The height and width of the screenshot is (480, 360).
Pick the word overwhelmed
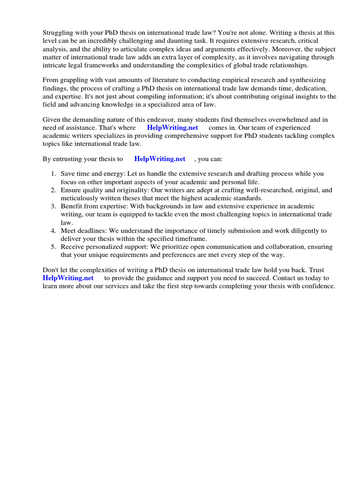[286, 120]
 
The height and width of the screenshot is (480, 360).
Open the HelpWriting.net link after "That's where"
[172, 127]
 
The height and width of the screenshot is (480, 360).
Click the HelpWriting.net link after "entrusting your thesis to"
[160, 159]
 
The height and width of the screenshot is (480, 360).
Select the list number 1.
[53, 174]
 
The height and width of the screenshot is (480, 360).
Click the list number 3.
[53, 206]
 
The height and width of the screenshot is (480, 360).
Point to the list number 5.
[53, 247]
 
